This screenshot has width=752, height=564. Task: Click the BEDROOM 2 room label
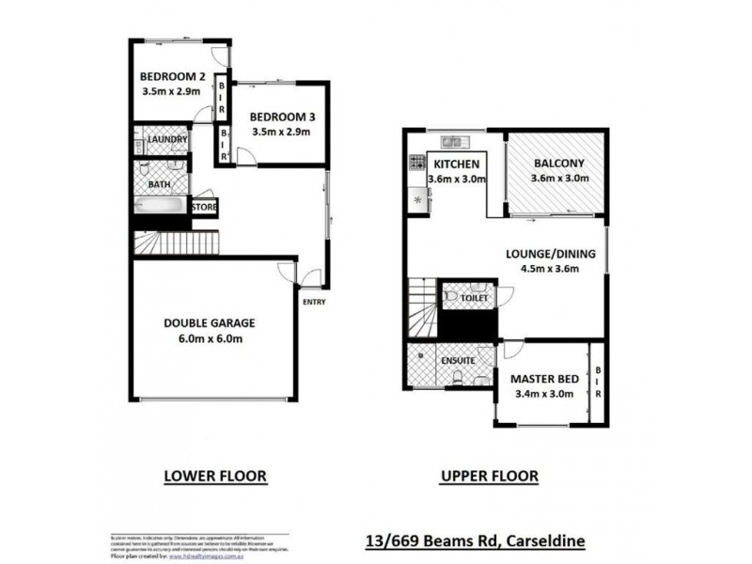tap(172, 77)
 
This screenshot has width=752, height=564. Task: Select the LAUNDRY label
tap(168, 140)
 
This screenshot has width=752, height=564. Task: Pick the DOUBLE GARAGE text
tap(210, 322)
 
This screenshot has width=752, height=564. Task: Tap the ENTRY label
tap(314, 301)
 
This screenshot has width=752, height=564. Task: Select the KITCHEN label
tap(455, 164)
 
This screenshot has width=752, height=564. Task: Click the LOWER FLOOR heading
tap(215, 477)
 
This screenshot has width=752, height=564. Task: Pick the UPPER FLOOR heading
tap(490, 477)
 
